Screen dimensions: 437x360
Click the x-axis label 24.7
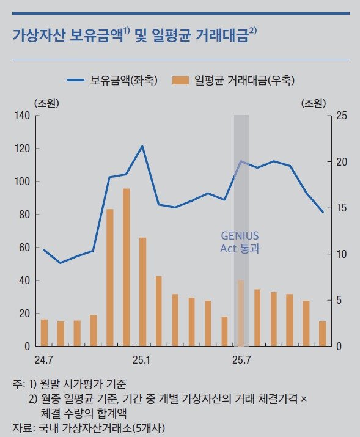(44, 359)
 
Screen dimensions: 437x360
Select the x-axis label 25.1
(142, 359)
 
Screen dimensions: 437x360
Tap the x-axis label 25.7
(241, 359)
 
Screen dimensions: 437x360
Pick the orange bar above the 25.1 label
(142, 292)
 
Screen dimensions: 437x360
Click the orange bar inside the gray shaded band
(241, 314)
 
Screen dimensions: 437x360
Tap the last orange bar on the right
(322, 334)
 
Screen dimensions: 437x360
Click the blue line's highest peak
(142, 146)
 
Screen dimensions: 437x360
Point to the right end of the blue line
(323, 211)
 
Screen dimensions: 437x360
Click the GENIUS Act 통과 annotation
(240, 242)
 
